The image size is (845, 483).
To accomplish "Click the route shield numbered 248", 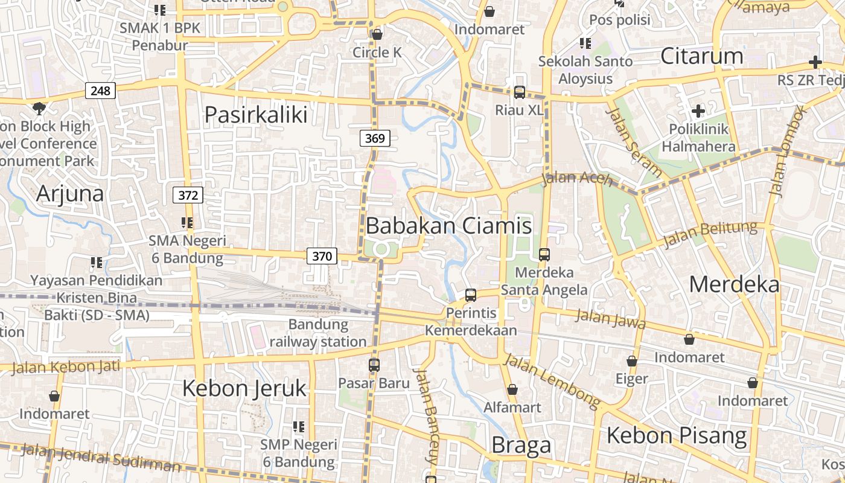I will click(x=101, y=91).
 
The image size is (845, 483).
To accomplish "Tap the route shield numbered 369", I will click(x=375, y=138).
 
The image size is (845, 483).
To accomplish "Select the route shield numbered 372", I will click(x=188, y=195).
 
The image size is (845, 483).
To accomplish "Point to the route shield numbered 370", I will click(x=322, y=256).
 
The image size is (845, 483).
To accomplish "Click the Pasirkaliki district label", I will click(x=256, y=114).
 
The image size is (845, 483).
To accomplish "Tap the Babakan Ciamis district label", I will click(x=448, y=226).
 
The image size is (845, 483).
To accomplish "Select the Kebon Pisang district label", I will click(x=676, y=435).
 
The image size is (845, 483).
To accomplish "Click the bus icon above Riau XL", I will click(x=519, y=92).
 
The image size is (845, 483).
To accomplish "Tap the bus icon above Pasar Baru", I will click(x=374, y=365).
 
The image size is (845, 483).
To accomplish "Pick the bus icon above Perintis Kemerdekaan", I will click(x=471, y=295).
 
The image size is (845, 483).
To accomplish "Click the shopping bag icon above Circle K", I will click(x=377, y=34).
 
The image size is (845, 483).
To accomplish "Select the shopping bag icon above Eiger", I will click(x=632, y=361).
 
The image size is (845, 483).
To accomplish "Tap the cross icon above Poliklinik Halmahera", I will click(x=698, y=111).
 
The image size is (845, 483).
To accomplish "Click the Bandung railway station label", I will click(x=318, y=333).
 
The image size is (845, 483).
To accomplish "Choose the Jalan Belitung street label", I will click(x=710, y=234).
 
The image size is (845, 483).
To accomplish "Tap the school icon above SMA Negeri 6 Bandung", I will click(x=187, y=223).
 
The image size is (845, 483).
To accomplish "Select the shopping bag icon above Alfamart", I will click(x=512, y=389).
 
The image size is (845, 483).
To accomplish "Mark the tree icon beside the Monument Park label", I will click(x=39, y=109).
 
